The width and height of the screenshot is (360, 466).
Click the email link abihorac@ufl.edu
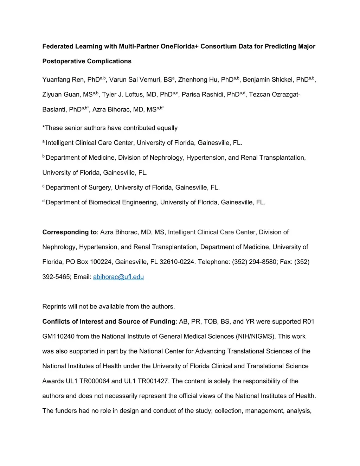[x=118, y=277]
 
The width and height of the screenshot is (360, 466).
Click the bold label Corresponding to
[x=69, y=232]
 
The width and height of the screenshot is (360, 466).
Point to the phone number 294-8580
[x=263, y=262]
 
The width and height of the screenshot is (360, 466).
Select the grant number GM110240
[x=58, y=337]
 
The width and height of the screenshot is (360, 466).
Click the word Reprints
[x=54, y=307]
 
